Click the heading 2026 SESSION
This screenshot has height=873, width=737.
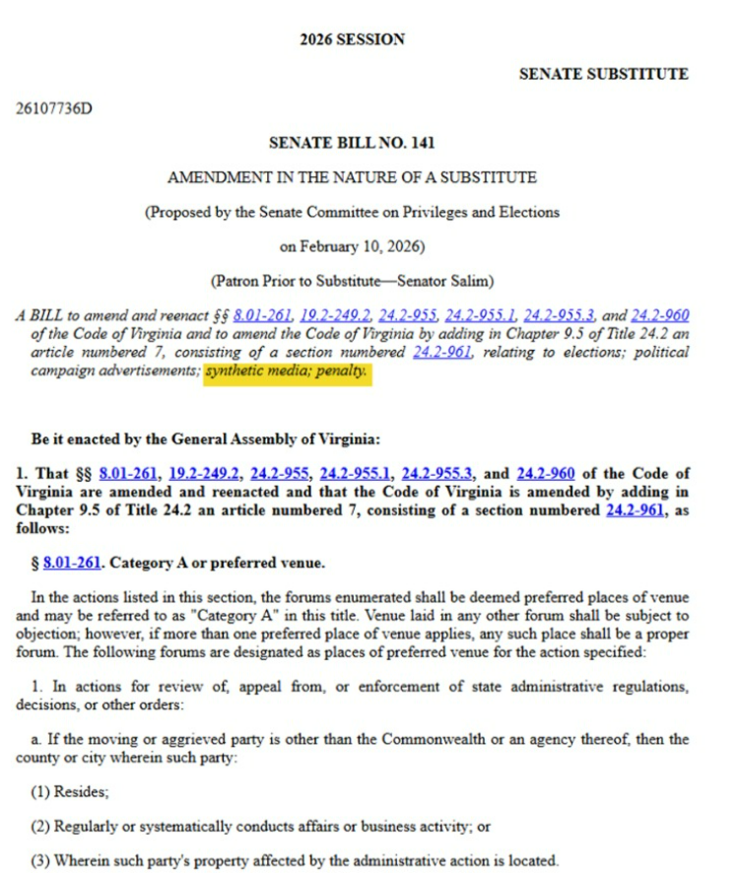pos(352,39)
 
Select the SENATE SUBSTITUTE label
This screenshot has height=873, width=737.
pos(603,74)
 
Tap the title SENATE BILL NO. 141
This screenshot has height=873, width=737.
pos(352,143)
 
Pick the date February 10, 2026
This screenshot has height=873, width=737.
pos(353,246)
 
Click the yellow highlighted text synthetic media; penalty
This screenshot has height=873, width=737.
pos(287,374)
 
